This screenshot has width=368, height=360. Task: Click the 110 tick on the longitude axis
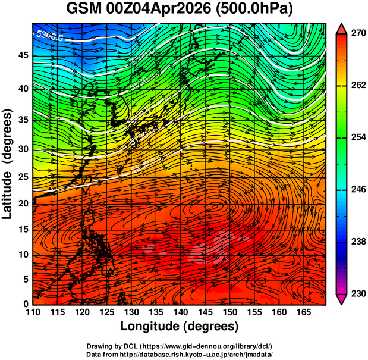(x=33, y=313)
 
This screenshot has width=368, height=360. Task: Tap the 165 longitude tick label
(x=303, y=313)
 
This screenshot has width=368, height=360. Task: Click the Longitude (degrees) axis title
(x=180, y=326)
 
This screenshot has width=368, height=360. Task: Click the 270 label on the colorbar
(x=356, y=34)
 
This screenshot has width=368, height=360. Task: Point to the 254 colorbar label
(x=356, y=137)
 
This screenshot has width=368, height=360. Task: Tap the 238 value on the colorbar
(x=356, y=242)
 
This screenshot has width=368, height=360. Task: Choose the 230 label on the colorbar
(x=356, y=293)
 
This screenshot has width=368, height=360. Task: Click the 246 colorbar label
(x=356, y=190)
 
